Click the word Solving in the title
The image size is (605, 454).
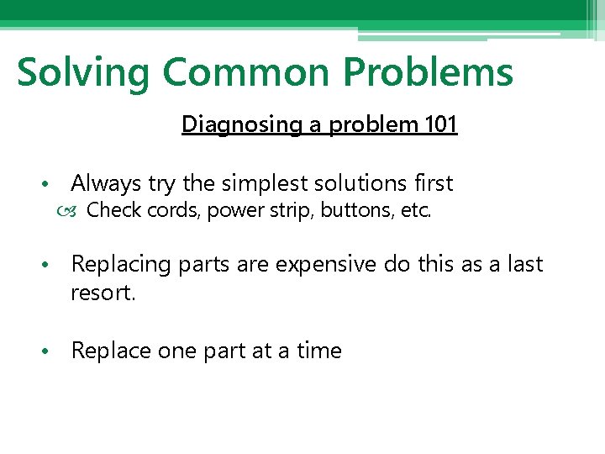[x=82, y=72]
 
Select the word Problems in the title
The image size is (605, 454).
[x=428, y=72]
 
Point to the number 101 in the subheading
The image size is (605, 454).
[x=440, y=124]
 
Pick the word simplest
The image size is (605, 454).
[x=259, y=183]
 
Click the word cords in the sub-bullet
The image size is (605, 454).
[x=174, y=210]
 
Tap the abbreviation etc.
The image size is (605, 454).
[x=417, y=210]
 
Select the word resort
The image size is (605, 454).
[x=103, y=294]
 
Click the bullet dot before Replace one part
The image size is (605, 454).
[x=52, y=351]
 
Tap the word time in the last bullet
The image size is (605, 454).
[x=319, y=351]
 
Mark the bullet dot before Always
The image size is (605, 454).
[x=52, y=184]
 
